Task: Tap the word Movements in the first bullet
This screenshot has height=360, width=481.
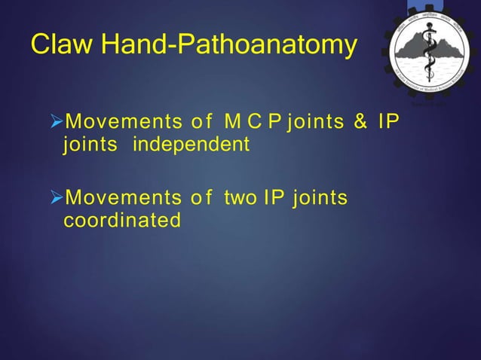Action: [119, 122]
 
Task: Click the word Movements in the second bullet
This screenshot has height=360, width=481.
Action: [119, 199]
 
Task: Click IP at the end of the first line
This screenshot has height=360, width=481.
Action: [388, 122]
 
